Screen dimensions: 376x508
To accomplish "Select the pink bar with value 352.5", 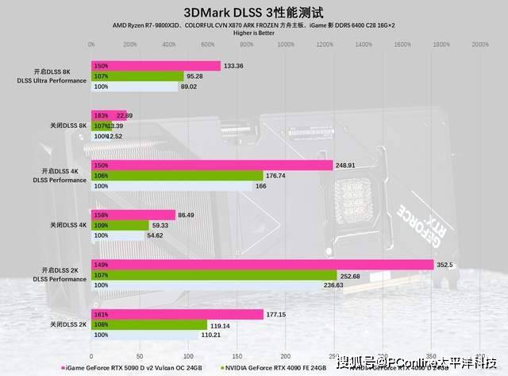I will [x=263, y=264].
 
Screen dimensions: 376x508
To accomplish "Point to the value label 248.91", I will [x=347, y=165].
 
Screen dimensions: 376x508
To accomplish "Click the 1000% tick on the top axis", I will [x=285, y=45].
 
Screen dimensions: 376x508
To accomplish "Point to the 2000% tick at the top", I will [x=479, y=45].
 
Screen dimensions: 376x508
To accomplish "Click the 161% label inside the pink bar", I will [x=101, y=314].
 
